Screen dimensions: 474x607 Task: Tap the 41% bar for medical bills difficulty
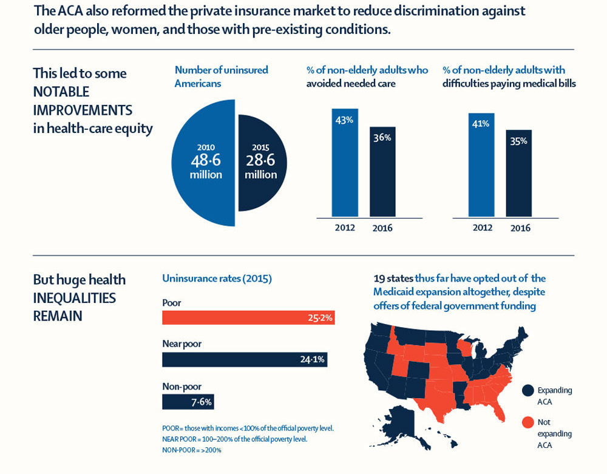click(481, 165)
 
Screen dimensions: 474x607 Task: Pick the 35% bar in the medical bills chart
click(518, 174)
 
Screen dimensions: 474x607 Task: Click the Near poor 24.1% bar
click(243, 359)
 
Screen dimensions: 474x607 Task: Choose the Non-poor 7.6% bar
click(188, 402)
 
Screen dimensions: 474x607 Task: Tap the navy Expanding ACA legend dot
click(527, 390)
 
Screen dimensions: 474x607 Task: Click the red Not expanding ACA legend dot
click(527, 422)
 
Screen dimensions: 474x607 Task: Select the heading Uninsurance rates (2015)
click(217, 279)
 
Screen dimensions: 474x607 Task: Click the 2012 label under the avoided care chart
click(344, 228)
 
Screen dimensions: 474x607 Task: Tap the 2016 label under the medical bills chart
click(520, 228)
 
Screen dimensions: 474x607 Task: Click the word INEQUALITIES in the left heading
click(74, 298)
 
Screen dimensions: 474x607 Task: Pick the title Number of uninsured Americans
click(221, 76)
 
